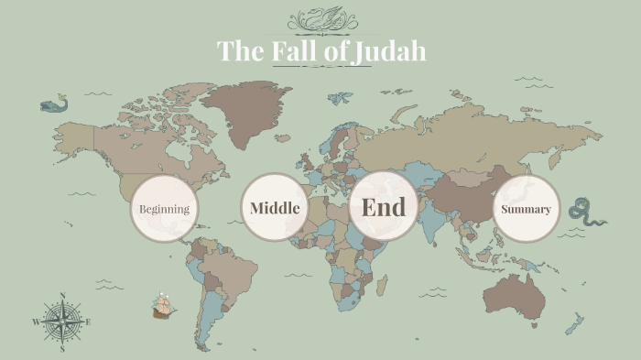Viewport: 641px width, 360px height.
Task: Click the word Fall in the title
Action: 296,51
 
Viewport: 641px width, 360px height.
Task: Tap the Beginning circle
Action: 165,209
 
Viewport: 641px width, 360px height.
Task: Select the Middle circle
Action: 275,208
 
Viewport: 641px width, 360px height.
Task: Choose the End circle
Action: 384,207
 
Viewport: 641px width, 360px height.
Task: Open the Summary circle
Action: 526,209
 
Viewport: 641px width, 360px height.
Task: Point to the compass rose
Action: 62,322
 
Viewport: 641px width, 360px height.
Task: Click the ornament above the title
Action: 320,19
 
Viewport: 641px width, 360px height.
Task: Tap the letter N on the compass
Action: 62,296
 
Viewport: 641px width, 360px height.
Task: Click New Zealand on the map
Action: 575,323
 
